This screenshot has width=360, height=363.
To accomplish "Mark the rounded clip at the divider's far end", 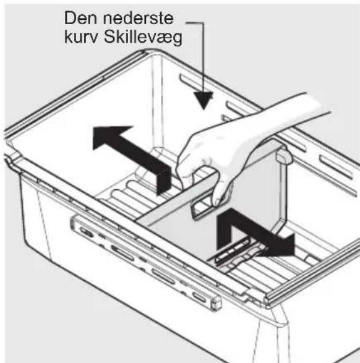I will (283, 156).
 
